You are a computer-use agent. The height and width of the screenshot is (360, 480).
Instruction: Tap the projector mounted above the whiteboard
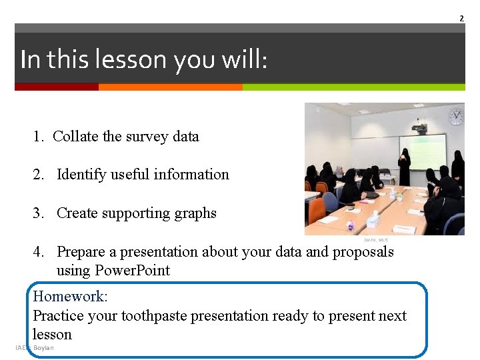(419, 127)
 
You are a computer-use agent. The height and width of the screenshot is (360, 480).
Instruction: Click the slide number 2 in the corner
(461, 18)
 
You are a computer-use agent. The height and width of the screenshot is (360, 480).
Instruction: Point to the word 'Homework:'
(70, 296)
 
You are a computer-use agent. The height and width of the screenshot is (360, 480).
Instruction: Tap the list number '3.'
(39, 213)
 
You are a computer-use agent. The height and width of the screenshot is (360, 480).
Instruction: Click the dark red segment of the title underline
(56, 87)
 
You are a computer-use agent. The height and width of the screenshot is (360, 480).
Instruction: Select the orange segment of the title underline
(170, 87)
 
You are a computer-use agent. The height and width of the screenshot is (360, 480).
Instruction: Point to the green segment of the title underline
(353, 87)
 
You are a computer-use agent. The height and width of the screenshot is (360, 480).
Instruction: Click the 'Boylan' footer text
(43, 347)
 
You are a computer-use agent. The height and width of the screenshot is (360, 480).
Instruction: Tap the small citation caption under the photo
(376, 239)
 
